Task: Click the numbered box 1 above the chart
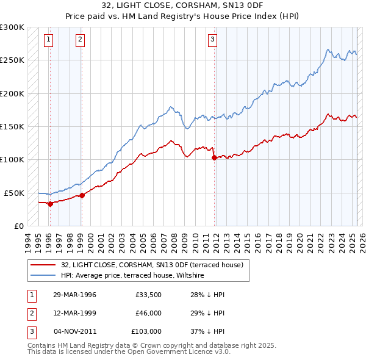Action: pyautogui.click(x=48, y=40)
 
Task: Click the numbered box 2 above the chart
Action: pyautogui.click(x=80, y=40)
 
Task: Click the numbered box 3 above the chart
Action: pyautogui.click(x=213, y=40)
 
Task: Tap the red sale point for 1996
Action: pyautogui.click(x=51, y=204)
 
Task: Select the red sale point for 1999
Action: pyautogui.click(x=82, y=195)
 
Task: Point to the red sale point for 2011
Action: pyautogui.click(x=214, y=157)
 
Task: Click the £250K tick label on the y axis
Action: pyautogui.click(x=12, y=60)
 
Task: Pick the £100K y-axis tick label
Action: pyautogui.click(x=12, y=159)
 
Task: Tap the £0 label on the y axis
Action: pyautogui.click(x=18, y=226)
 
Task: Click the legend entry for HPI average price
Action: pyautogui.click(x=132, y=276)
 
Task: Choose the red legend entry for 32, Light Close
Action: pyautogui.click(x=152, y=265)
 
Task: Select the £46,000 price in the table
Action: pyautogui.click(x=148, y=313)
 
